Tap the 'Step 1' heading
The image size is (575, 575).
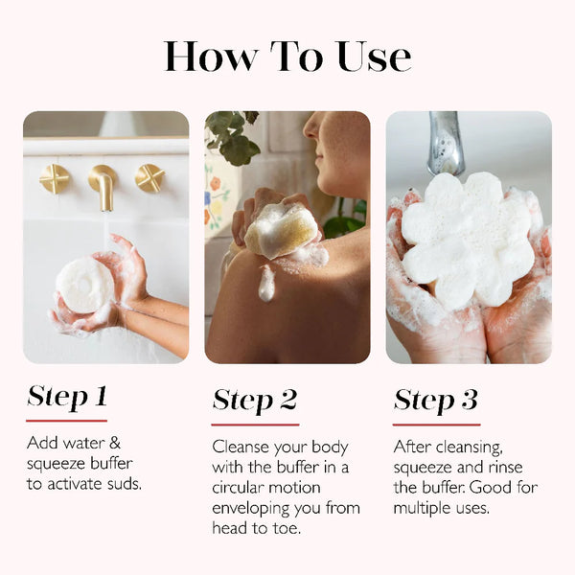pyautogui.click(x=66, y=396)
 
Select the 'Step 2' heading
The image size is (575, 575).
pyautogui.click(x=255, y=400)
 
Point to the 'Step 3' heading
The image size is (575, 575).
pyautogui.click(x=436, y=400)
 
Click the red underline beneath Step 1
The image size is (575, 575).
pyautogui.click(x=66, y=420)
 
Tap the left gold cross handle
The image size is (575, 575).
pyautogui.click(x=55, y=178)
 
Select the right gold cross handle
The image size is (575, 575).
pyautogui.click(x=149, y=177)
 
